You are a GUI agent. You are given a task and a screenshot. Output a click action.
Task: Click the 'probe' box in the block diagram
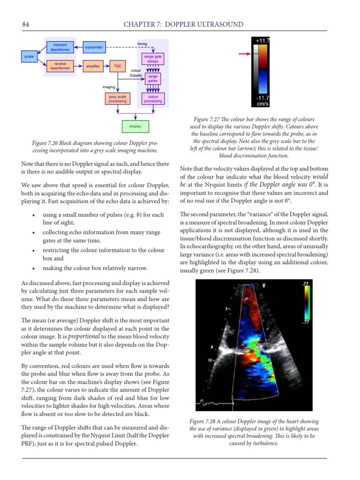tap(29, 57)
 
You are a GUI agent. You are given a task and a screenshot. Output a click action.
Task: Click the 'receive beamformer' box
tap(60, 66)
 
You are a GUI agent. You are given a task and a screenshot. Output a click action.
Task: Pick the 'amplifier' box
tap(93, 66)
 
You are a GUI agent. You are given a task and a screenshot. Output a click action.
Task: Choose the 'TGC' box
tap(117, 66)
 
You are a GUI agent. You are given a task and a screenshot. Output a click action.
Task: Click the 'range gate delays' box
tap(153, 59)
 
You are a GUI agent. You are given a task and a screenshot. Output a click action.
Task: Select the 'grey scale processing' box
tap(117, 99)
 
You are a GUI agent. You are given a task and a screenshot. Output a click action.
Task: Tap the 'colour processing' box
tap(153, 99)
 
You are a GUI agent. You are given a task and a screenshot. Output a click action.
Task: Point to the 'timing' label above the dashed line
tap(142, 44)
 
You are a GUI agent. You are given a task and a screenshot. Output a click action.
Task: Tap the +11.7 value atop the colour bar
tap(262, 41)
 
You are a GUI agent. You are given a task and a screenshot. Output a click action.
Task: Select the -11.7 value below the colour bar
tap(262, 97)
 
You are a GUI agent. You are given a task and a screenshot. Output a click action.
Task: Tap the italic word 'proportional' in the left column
tap(84, 337)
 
